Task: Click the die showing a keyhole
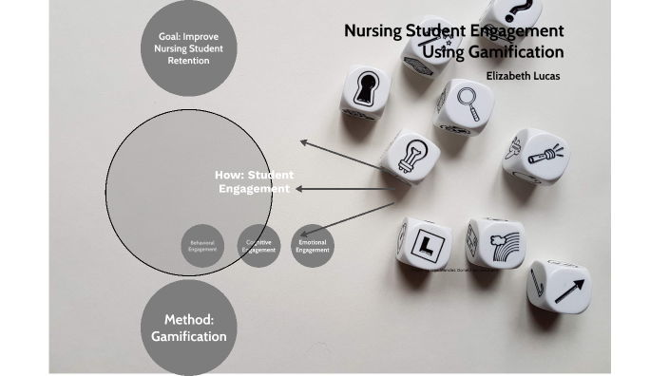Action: coord(365,91)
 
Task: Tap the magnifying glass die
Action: coord(465,103)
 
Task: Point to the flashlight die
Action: coord(536,155)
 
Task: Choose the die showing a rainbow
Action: coord(494,243)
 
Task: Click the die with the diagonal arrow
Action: coord(559,285)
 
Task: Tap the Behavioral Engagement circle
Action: coord(202,246)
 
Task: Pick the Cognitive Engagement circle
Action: coord(258,246)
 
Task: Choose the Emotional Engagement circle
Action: coord(313,246)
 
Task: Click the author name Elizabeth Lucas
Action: coord(523,75)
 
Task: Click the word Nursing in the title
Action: coord(371,31)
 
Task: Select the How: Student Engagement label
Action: coord(254,181)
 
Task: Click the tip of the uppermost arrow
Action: coord(301,141)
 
